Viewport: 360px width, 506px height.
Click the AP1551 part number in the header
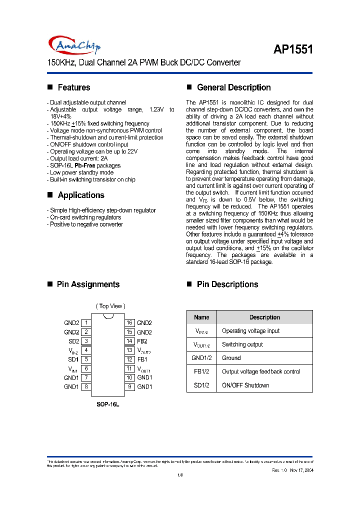point(293,49)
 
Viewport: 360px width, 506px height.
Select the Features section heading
point(73,87)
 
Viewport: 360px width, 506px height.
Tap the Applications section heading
point(80,195)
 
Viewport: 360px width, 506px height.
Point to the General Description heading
point(233,87)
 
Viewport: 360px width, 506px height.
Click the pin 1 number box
point(86,323)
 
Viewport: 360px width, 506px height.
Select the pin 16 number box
point(129,323)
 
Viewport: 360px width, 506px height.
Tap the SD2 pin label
point(73,341)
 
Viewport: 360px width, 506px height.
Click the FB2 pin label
point(142,341)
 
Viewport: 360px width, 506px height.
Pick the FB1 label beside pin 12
point(142,359)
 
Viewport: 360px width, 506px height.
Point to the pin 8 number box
point(86,386)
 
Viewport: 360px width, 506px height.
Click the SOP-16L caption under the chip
point(107,404)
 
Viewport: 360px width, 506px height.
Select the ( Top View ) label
point(110,306)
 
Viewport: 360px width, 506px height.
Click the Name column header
point(201,317)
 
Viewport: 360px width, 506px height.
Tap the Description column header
point(264,317)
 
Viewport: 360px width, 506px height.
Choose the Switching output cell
point(242,344)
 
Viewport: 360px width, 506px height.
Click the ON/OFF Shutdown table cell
point(245,385)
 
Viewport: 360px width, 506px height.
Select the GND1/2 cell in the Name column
point(201,358)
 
